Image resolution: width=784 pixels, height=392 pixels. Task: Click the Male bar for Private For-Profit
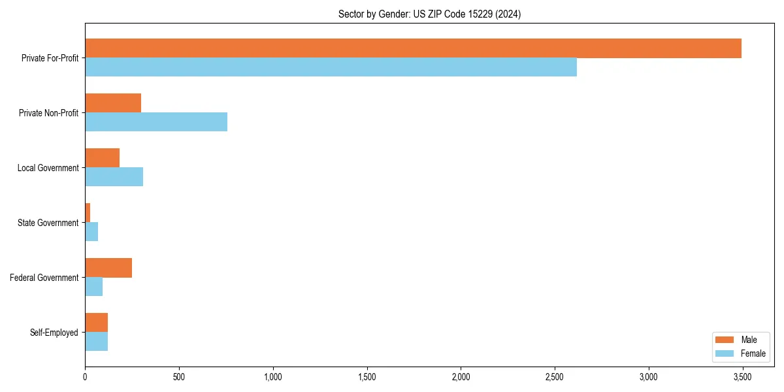pyautogui.click(x=413, y=48)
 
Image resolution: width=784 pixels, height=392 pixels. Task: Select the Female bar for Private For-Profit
pyautogui.click(x=331, y=67)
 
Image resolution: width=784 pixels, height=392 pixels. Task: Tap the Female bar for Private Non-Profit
pyautogui.click(x=156, y=122)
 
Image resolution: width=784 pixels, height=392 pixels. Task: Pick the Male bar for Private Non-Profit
pyautogui.click(x=113, y=103)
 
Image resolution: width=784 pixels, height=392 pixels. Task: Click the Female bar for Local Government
pyautogui.click(x=114, y=177)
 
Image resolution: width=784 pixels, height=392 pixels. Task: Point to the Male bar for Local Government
pyautogui.click(x=103, y=158)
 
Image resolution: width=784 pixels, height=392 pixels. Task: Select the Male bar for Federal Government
pyautogui.click(x=108, y=268)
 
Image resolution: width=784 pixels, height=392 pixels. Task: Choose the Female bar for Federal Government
pyautogui.click(x=94, y=287)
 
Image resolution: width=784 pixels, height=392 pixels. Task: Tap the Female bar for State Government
pyautogui.click(x=91, y=232)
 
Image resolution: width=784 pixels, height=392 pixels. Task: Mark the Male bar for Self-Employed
pyautogui.click(x=97, y=323)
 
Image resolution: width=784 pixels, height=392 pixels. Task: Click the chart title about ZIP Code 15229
pyautogui.click(x=429, y=14)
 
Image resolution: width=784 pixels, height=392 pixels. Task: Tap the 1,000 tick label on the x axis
pyautogui.click(x=273, y=377)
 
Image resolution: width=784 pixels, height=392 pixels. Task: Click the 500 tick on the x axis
pyautogui.click(x=179, y=377)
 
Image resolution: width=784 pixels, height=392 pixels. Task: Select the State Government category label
pyautogui.click(x=48, y=223)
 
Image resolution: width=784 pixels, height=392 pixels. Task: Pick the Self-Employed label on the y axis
pyautogui.click(x=54, y=333)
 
